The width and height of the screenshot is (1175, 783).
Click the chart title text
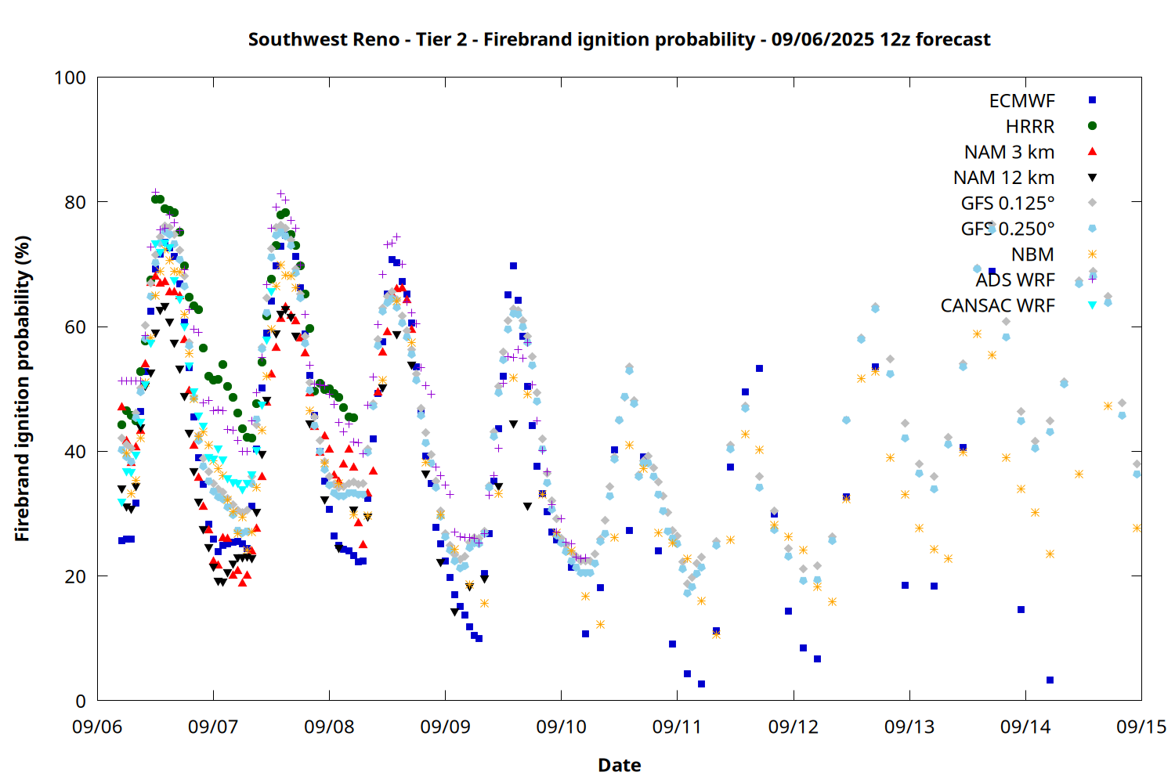[x=619, y=39]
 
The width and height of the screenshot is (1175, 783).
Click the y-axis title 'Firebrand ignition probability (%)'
[x=22, y=388]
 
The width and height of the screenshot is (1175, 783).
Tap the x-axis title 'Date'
[x=620, y=765]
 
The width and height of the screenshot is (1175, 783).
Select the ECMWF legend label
[x=1021, y=101]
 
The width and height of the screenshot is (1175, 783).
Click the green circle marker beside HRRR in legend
[x=1092, y=126]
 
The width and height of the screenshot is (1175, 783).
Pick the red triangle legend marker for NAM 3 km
[x=1092, y=152]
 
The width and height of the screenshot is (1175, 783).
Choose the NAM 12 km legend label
[x=1003, y=178]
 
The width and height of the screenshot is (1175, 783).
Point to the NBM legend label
[x=1032, y=254]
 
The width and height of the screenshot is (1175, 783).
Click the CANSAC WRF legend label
[x=997, y=305]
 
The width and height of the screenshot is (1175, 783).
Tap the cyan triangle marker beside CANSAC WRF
[x=1092, y=305]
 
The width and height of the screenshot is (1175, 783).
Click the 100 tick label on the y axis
[x=70, y=78]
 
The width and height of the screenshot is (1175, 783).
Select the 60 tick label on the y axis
[x=75, y=327]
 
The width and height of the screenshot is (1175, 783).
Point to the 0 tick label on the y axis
[x=81, y=701]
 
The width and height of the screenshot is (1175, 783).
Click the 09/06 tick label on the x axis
[x=97, y=727]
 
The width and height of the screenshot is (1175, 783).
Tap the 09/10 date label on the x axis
[x=561, y=727]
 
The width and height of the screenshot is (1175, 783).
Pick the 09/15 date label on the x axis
[x=1141, y=727]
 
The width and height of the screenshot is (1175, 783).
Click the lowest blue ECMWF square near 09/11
[x=701, y=684]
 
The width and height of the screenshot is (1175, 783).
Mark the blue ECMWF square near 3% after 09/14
[x=1050, y=680]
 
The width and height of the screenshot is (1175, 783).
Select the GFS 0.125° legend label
[x=1007, y=203]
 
